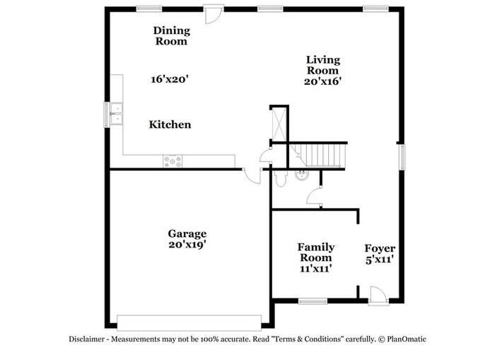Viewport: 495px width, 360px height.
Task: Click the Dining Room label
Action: (x=170, y=35)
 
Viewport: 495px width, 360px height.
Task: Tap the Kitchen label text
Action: (x=170, y=124)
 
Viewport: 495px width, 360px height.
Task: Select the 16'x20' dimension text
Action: (x=170, y=79)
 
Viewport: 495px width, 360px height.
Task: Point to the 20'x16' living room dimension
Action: (x=322, y=81)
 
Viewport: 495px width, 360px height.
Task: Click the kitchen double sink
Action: (x=115, y=114)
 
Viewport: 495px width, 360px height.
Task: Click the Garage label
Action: (x=187, y=233)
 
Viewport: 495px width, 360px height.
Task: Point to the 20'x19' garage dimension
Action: (x=187, y=245)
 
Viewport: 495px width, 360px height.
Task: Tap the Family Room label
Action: (x=315, y=252)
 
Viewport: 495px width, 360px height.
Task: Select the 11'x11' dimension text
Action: (x=315, y=269)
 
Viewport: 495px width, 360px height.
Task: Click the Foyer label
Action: (x=380, y=248)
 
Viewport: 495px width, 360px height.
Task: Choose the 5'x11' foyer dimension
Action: (x=380, y=260)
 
